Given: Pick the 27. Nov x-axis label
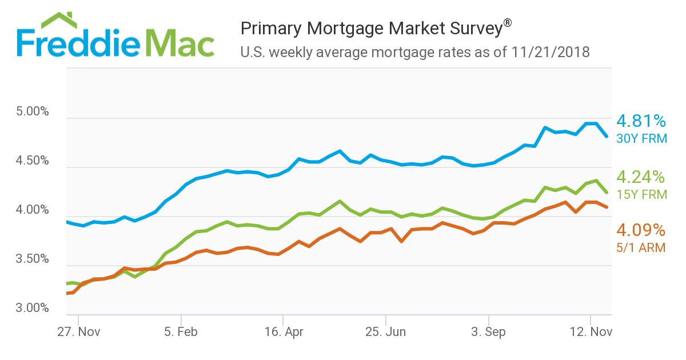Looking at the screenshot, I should [x=79, y=332].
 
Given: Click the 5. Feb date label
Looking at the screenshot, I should [x=181, y=332].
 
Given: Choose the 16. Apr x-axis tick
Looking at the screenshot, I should [x=284, y=332].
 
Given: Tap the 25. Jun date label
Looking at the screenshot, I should [x=386, y=332].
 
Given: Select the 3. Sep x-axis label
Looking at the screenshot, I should [x=489, y=332].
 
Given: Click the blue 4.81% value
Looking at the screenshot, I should [x=641, y=121].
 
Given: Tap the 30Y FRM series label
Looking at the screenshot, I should [x=641, y=138].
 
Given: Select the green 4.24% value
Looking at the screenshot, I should [x=641, y=177].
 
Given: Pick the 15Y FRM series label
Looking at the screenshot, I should [x=641, y=194].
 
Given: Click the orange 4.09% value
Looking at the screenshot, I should [x=641, y=230].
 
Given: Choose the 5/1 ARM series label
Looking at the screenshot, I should [x=641, y=248].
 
